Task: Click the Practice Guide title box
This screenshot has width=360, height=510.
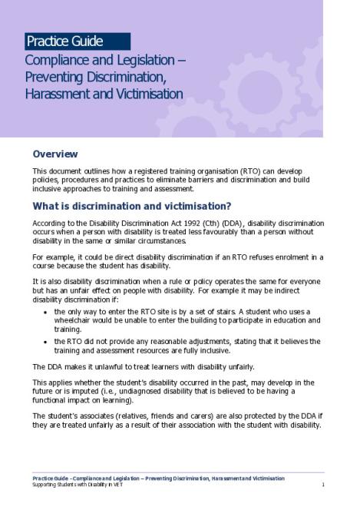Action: click(x=77, y=41)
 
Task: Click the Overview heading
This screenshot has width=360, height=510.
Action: click(x=54, y=154)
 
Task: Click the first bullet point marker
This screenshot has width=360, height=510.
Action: click(x=48, y=311)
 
